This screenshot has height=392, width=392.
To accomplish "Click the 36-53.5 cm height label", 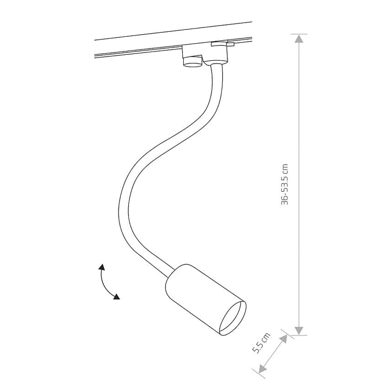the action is [285, 185].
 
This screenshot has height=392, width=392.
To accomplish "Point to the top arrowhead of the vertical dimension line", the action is [299, 39].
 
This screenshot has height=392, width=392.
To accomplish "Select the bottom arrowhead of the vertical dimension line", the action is [299, 330].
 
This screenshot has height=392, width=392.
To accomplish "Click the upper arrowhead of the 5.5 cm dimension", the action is [283, 340].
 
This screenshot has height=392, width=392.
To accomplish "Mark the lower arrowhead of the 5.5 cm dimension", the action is [263, 369].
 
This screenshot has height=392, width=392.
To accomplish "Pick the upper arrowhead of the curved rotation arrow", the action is [101, 267].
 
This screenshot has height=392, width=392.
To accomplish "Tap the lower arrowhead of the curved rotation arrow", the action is [117, 296].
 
